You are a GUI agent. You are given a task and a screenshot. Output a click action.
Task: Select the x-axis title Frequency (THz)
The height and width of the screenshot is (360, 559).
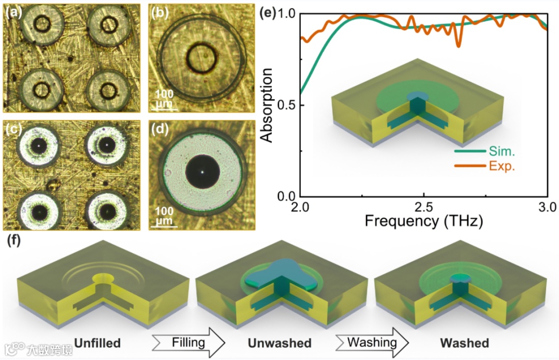click(424, 222)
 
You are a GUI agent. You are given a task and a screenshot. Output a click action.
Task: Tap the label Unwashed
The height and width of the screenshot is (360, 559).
click(279, 343)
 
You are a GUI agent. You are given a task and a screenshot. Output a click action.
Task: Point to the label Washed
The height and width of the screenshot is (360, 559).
click(464, 343)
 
